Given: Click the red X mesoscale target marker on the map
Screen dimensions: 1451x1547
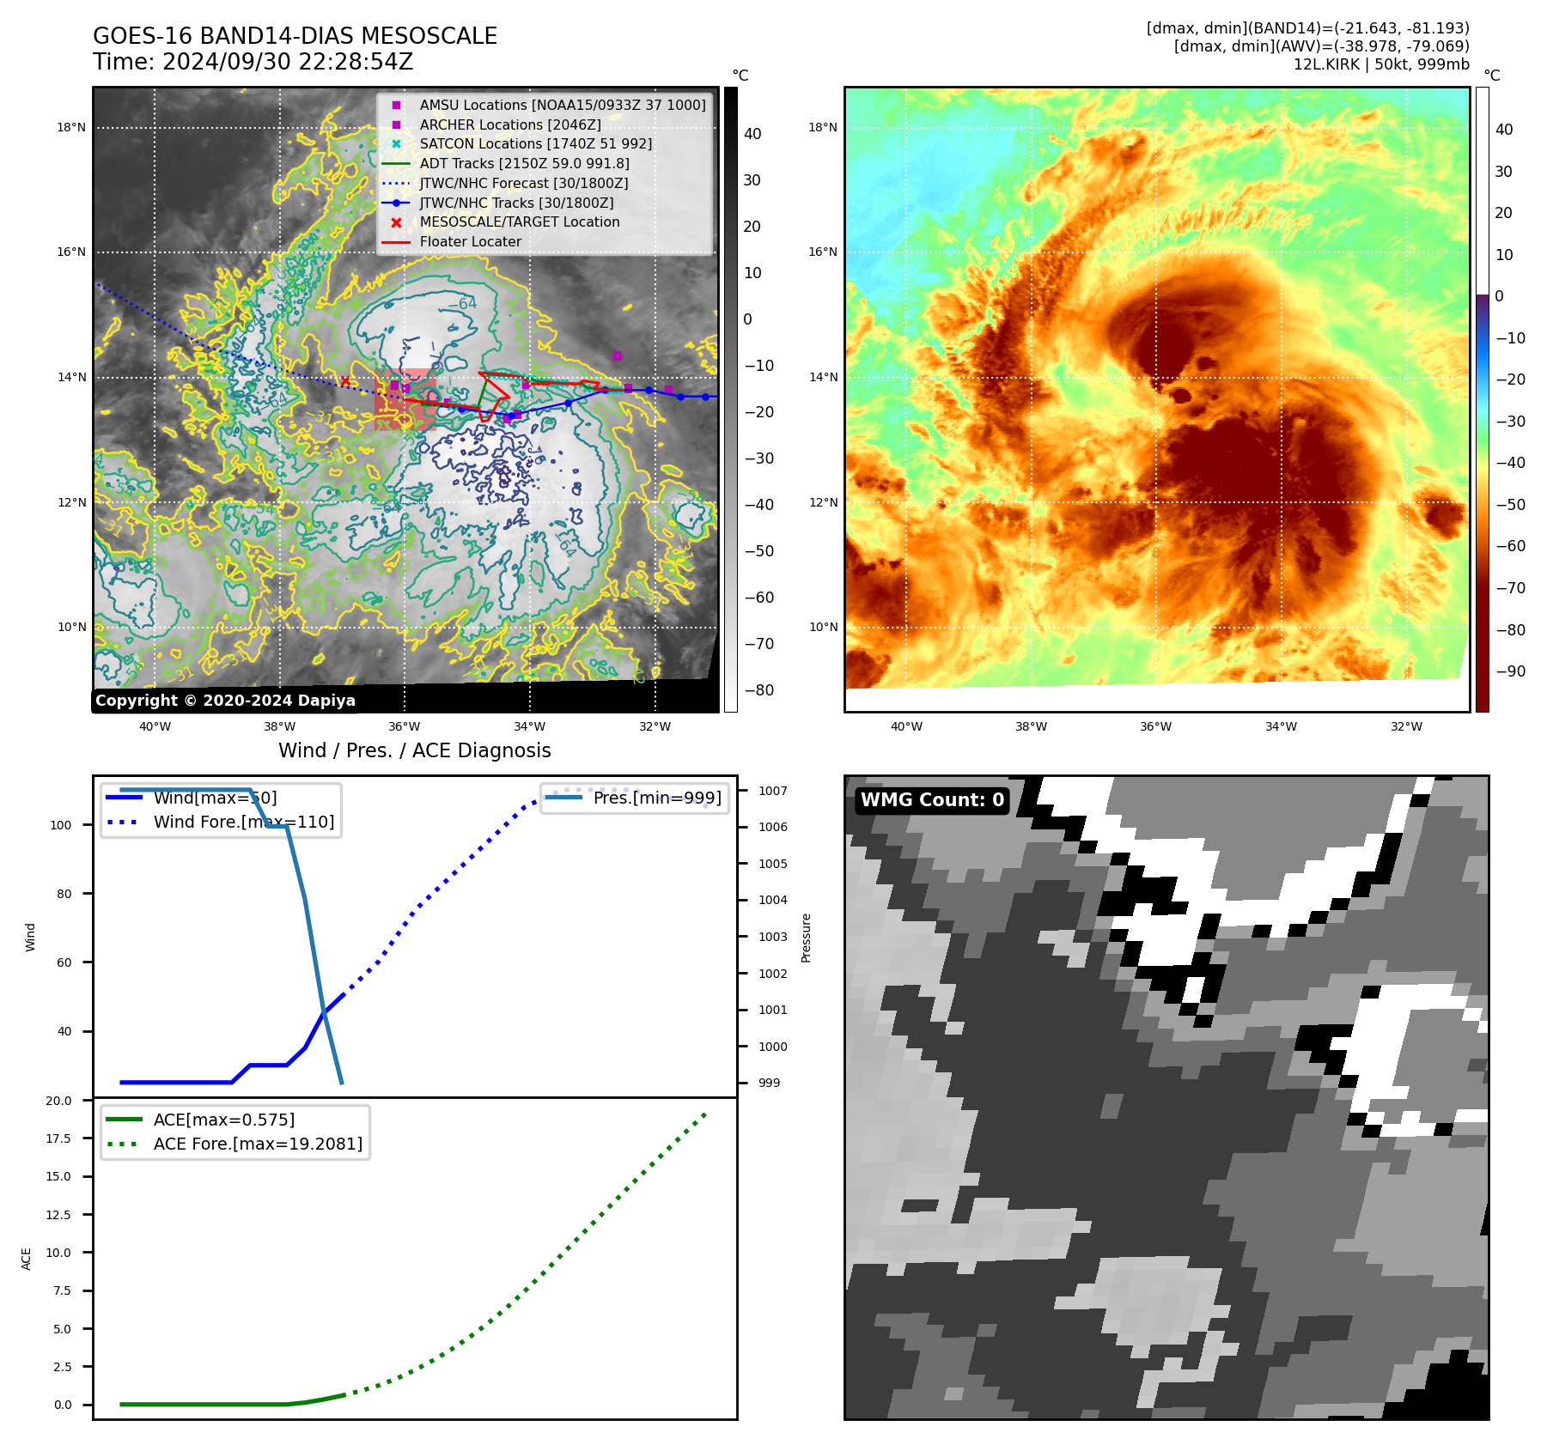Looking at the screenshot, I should [x=345, y=381].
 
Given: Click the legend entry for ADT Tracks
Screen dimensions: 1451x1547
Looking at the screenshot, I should [x=524, y=163].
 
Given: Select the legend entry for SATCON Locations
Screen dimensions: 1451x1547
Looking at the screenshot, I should [x=535, y=143].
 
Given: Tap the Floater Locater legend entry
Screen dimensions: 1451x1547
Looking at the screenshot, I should [x=470, y=241].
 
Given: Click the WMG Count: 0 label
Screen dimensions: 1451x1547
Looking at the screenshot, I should [x=932, y=799].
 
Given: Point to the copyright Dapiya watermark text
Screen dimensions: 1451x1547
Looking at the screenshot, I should [x=225, y=701].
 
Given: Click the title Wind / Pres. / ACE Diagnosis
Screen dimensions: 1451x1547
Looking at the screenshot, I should [x=414, y=750].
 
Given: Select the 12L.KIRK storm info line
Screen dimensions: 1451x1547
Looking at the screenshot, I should [x=1380, y=64].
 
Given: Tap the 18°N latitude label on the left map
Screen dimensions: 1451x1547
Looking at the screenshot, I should [x=71, y=128].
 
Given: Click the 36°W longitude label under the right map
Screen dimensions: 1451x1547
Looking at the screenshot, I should [x=1155, y=726].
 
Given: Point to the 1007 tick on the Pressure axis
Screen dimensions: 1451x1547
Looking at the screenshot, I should [x=772, y=791].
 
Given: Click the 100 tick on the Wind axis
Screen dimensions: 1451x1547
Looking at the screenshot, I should [x=61, y=825].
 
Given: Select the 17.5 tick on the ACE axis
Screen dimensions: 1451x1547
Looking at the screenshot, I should [x=58, y=1138].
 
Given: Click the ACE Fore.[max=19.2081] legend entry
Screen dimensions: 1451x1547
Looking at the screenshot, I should [x=258, y=1144].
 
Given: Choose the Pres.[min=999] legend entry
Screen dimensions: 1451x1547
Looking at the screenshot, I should [x=657, y=798].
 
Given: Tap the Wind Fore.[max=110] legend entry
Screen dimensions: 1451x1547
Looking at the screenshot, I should [x=243, y=822].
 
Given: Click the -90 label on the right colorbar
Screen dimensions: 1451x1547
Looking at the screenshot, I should [x=1510, y=671].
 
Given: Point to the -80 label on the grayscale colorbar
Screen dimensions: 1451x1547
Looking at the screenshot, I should [x=758, y=690].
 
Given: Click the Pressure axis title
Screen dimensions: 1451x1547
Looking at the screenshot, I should [x=806, y=938].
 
